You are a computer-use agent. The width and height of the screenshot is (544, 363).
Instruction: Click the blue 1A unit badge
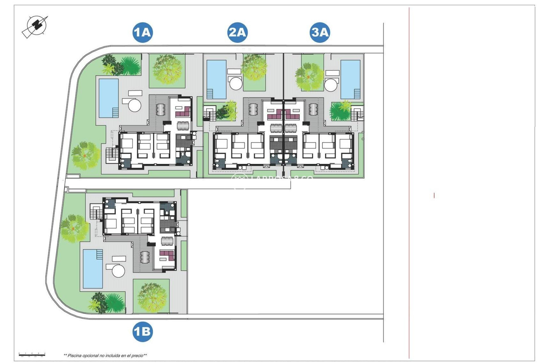(143, 32)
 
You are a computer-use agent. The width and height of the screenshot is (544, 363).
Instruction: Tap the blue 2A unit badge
(237, 32)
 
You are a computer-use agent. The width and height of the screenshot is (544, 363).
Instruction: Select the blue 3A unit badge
(320, 32)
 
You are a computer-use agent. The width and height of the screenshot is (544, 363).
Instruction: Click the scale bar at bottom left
(32, 354)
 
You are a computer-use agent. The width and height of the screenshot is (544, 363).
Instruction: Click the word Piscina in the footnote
(75, 356)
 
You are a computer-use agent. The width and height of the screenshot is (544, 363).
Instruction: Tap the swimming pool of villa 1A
(108, 98)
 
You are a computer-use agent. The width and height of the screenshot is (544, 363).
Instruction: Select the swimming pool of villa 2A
(216, 79)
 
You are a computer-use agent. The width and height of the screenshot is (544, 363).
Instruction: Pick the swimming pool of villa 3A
(350, 79)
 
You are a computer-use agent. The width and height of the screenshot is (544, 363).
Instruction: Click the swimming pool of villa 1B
(93, 269)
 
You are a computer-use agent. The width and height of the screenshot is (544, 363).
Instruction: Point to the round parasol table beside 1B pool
(118, 271)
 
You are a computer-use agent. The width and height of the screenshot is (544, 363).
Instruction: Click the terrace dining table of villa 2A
(253, 109)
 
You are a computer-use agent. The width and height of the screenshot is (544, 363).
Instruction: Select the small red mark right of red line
(434, 195)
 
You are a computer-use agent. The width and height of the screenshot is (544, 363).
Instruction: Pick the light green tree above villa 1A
(167, 69)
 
